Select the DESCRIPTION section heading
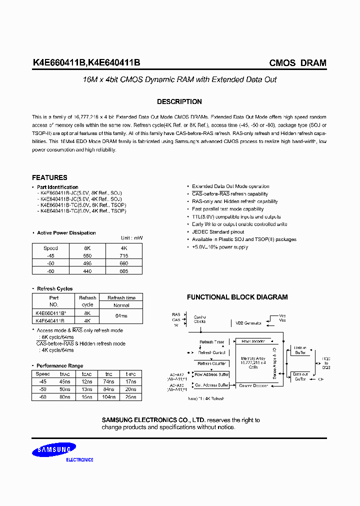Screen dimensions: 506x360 point(179,101)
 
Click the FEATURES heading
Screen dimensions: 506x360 point(49,177)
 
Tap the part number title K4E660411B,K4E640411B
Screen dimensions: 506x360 point(86,63)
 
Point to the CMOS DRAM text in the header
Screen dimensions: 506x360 point(297,63)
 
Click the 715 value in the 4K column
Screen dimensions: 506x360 point(124,255)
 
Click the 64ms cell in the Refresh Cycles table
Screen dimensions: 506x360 point(121,316)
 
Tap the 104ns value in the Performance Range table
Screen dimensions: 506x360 point(108,396)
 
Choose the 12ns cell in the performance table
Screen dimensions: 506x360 point(86,381)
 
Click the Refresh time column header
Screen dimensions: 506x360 point(121,298)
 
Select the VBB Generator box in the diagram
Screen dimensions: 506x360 point(248,323)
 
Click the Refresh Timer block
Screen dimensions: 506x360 point(212,342)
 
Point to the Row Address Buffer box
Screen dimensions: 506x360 point(211,374)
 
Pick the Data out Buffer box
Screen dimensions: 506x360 point(300,376)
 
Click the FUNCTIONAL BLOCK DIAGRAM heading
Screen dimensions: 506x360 point(237,297)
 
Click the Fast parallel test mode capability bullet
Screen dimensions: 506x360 point(227,209)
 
